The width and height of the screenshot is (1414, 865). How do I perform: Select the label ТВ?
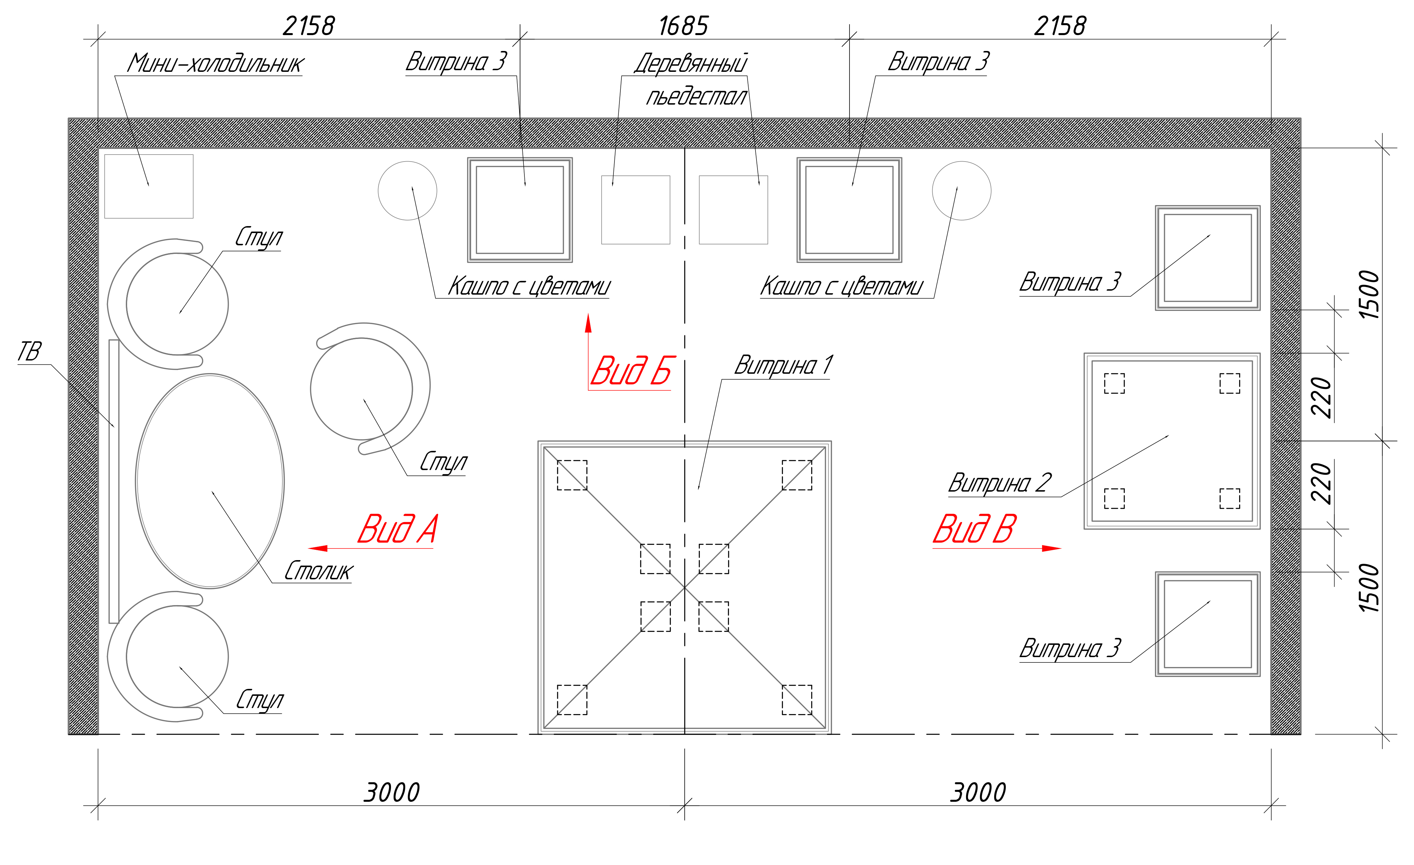click(x=29, y=351)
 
